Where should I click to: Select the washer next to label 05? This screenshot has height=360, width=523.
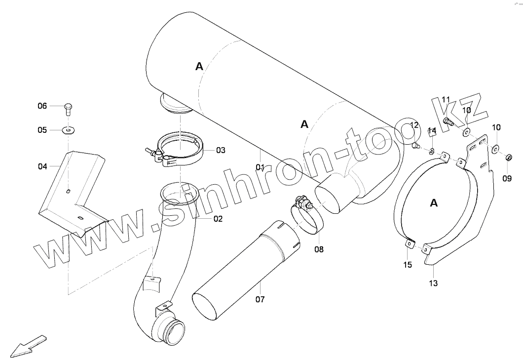[68, 130]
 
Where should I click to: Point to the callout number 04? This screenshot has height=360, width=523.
[42, 166]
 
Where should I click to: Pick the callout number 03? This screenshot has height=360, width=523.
[220, 150]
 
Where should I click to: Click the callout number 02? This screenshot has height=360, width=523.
[218, 219]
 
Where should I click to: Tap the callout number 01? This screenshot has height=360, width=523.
[261, 167]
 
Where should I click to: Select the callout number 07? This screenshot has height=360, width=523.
[260, 299]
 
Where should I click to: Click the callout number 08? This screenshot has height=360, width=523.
[319, 249]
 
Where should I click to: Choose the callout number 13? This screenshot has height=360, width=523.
[433, 283]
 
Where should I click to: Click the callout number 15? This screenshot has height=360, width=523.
[407, 265]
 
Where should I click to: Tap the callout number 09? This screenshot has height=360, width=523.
[507, 179]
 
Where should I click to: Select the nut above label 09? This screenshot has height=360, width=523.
[508, 158]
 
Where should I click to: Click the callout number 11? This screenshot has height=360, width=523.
[446, 100]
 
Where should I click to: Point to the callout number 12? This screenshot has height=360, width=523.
[414, 125]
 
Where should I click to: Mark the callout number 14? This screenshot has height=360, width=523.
[432, 131]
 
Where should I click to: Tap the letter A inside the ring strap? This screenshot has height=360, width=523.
[434, 203]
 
